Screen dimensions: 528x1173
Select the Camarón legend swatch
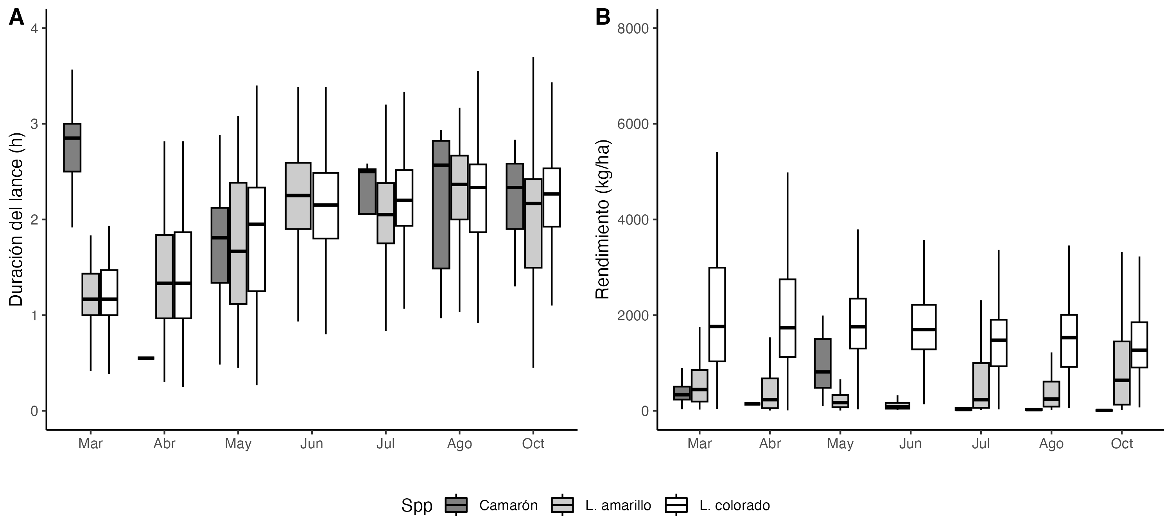[456, 505]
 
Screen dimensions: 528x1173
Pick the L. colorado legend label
[734, 505]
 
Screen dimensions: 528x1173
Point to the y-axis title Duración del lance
[16, 219]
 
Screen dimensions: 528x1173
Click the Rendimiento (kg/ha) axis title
[603, 219]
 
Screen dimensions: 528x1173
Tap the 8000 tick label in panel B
[633, 29]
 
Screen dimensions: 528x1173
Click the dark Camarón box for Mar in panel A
[72, 147]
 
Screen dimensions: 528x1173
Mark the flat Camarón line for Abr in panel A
[146, 358]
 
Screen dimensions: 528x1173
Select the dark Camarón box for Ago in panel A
[441, 205]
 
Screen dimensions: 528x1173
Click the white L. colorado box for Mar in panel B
[717, 314]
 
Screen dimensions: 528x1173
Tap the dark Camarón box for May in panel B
[823, 363]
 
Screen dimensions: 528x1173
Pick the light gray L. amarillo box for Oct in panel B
[1121, 373]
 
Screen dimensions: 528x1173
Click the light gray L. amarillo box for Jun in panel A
[298, 196]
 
